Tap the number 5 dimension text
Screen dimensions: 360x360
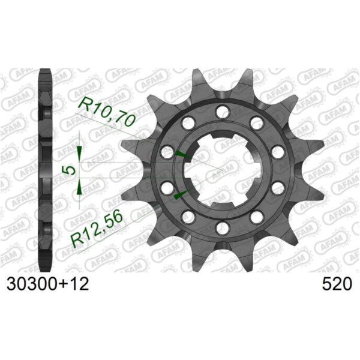71,170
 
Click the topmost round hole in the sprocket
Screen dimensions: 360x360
223,112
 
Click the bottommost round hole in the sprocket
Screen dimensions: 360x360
223,227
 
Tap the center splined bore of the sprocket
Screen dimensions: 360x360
222,170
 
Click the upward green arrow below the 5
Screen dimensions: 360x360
79,188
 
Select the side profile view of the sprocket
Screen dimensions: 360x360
46,170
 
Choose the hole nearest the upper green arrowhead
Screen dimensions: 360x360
167,152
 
